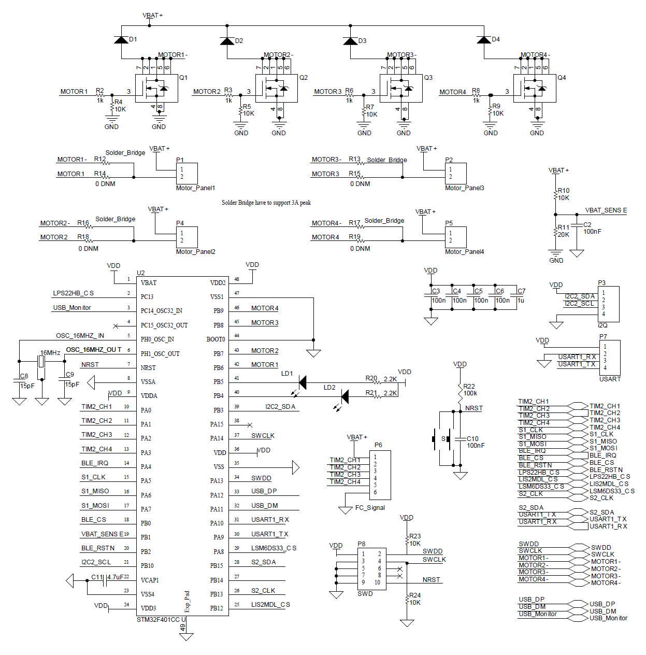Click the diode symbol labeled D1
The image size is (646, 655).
click(121, 39)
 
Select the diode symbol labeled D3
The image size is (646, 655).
click(351, 41)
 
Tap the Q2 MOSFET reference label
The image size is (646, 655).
click(304, 78)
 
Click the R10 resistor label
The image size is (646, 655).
click(564, 191)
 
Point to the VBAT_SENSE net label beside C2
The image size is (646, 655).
click(606, 210)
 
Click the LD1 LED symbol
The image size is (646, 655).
click(302, 382)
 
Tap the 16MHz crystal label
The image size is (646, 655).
click(50, 353)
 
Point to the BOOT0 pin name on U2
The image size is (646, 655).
click(216, 339)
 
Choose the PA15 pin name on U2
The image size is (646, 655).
click(217, 424)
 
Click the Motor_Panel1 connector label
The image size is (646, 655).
click(195, 188)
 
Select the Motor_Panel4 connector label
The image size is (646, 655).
click(464, 252)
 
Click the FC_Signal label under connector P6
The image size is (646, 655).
click(370, 508)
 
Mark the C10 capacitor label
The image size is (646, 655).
click(472, 438)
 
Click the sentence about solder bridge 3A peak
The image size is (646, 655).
click(266, 203)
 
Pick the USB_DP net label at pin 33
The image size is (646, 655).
click(264, 491)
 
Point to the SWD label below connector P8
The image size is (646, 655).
click(365, 594)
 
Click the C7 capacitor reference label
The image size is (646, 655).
click(521, 291)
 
